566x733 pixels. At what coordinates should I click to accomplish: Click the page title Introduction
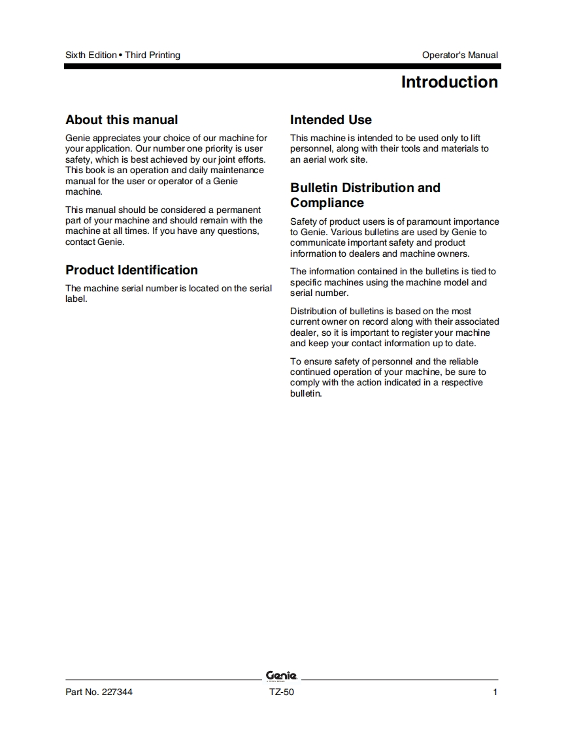(x=449, y=82)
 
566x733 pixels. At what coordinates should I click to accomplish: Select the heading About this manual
(x=122, y=120)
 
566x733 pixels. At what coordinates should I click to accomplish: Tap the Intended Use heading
(x=331, y=120)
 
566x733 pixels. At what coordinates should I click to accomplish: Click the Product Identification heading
(x=131, y=270)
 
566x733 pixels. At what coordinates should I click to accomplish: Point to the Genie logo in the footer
(x=282, y=676)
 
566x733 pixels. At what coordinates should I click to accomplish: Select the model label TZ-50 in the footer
(x=282, y=692)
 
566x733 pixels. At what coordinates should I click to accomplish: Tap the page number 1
(x=495, y=692)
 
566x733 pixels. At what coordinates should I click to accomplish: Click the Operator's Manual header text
(x=459, y=55)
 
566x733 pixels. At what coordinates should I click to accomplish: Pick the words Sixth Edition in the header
(x=91, y=55)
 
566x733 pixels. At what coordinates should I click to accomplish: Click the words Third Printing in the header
(x=152, y=55)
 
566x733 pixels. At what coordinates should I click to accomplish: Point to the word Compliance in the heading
(x=327, y=203)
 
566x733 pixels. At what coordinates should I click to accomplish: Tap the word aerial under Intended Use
(x=314, y=159)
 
